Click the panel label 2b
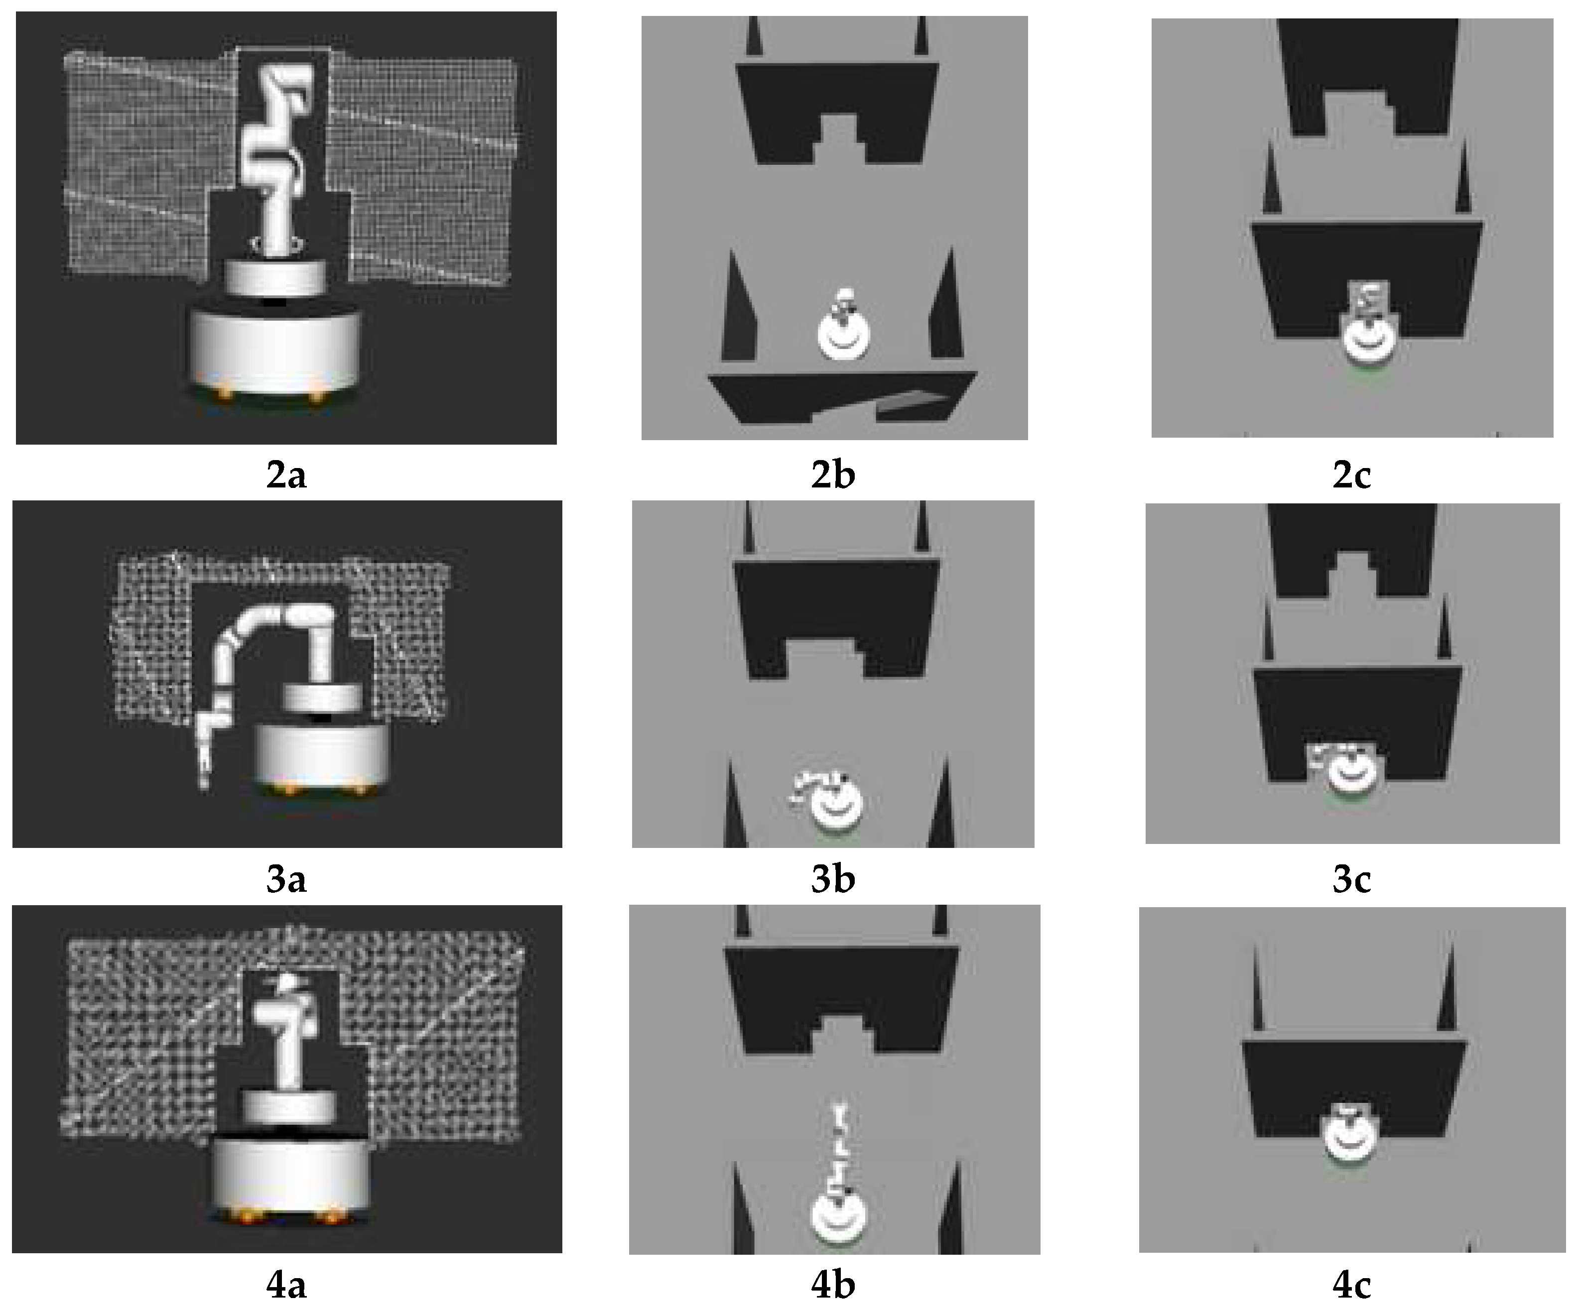[832, 475]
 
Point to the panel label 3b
[832, 879]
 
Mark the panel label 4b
[832, 1286]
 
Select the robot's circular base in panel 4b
[839, 1218]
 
